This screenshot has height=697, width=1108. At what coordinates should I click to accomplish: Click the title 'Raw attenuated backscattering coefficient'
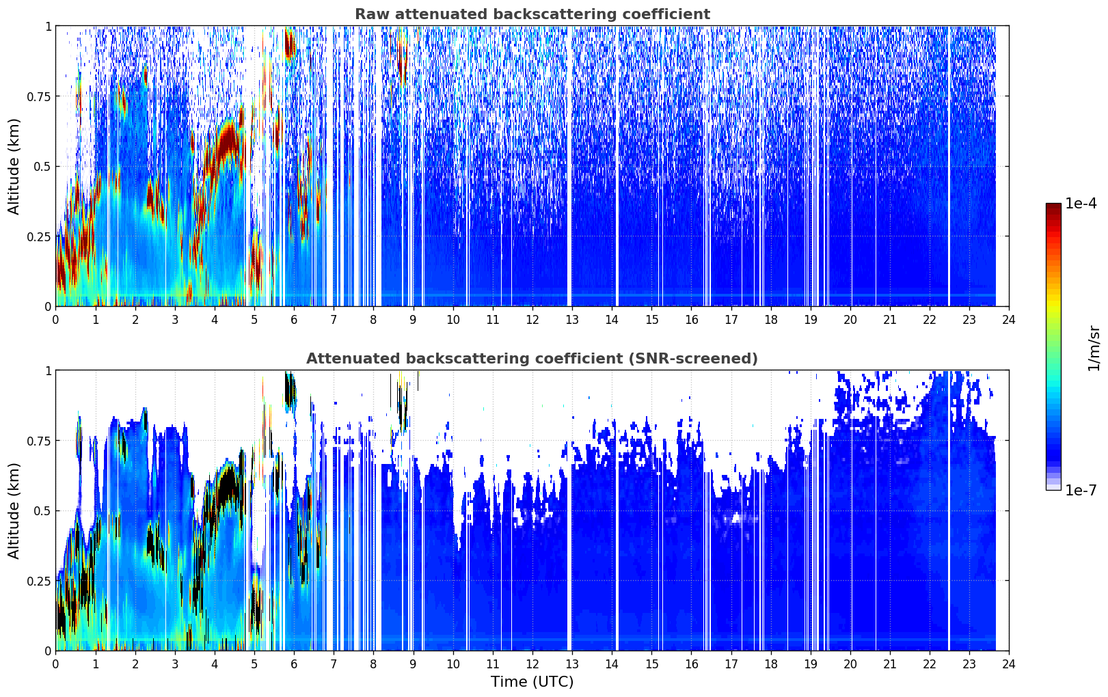tap(532, 14)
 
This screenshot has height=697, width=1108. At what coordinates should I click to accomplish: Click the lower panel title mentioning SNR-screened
tap(532, 358)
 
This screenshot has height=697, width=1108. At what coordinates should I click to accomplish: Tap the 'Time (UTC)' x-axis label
tap(532, 682)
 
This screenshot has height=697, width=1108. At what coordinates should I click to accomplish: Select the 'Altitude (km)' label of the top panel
tap(14, 167)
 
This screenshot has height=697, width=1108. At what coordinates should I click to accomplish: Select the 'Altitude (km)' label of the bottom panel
tap(14, 511)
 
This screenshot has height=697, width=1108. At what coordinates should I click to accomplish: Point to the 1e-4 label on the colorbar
tap(1080, 203)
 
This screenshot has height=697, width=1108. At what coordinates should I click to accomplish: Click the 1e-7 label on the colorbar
tap(1080, 491)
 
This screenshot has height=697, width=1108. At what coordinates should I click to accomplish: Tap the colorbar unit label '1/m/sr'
tap(1093, 348)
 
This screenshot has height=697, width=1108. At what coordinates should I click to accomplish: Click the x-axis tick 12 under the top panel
tap(532, 320)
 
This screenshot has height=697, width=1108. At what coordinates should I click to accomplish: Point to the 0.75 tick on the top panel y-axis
tap(38, 96)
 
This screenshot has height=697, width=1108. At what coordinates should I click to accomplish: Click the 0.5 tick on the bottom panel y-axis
tap(42, 511)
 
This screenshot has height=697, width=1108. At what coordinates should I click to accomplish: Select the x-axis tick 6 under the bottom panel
tap(294, 664)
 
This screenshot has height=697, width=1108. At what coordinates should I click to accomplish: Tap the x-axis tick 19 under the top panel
tap(810, 320)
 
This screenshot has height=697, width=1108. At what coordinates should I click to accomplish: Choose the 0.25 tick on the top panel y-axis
tap(38, 237)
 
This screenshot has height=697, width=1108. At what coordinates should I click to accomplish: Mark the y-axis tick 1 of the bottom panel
tap(49, 371)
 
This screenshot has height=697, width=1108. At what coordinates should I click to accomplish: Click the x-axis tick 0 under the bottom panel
tap(55, 664)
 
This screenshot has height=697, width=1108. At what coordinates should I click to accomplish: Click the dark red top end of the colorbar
tap(1053, 206)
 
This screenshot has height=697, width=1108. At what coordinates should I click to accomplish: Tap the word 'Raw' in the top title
tap(372, 14)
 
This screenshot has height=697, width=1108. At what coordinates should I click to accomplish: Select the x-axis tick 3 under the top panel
tap(174, 320)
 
